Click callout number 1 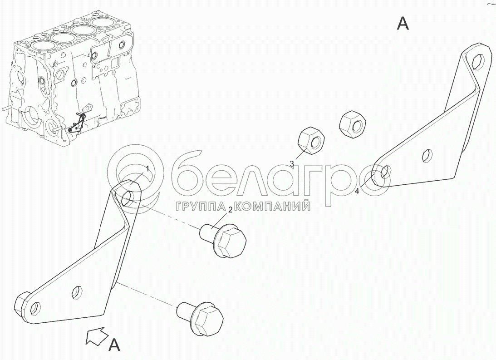147,168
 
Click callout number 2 230,209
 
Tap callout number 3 292,163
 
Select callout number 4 357,191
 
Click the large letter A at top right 403,24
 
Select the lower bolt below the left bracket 201,318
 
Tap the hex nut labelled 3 311,142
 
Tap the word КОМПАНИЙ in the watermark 273,207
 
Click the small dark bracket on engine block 77,123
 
